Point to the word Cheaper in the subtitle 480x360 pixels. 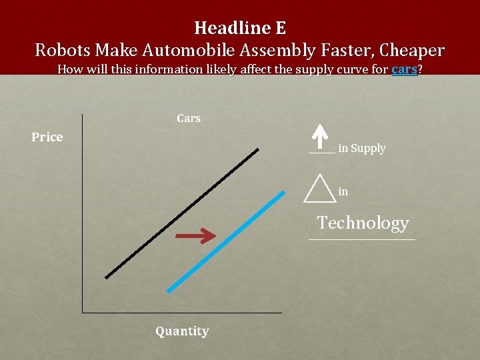click(411, 50)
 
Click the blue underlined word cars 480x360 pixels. click(404, 69)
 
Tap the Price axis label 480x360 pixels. click(47, 137)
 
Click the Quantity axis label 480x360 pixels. click(182, 331)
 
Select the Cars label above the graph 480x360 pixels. click(189, 118)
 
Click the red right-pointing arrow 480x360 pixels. click(195, 235)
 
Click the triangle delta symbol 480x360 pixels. click(319, 188)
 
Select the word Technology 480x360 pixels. click(363, 223)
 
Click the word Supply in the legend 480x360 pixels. click(368, 149)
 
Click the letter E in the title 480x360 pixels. click(279, 28)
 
